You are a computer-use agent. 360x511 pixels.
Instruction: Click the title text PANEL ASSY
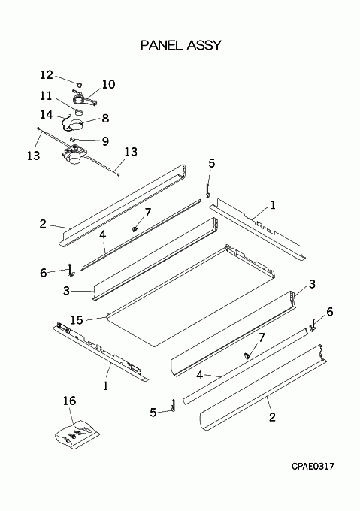(181, 45)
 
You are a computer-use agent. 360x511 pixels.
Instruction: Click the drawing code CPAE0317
(313, 467)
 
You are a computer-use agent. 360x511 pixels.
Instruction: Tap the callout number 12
(47, 74)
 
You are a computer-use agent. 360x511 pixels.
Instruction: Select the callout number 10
(108, 84)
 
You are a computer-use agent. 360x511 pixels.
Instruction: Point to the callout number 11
(46, 96)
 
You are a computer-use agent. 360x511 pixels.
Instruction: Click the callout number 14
(47, 115)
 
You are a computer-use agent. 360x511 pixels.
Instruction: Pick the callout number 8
(105, 118)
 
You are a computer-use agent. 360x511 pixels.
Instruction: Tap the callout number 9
(105, 141)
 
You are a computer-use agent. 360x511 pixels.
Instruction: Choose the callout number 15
(77, 320)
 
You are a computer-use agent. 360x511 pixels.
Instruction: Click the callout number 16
(69, 401)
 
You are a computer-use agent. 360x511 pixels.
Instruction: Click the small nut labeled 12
(79, 84)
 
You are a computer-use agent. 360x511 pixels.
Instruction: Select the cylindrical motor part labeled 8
(77, 125)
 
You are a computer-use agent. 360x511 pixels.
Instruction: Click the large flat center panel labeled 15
(191, 297)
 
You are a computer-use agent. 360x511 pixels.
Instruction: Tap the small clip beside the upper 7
(134, 229)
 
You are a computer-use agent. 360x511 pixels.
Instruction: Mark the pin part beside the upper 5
(207, 191)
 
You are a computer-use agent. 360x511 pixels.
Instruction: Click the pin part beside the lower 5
(174, 406)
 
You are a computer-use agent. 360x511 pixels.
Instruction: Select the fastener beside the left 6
(71, 271)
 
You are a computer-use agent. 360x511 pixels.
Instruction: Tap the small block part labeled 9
(72, 138)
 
